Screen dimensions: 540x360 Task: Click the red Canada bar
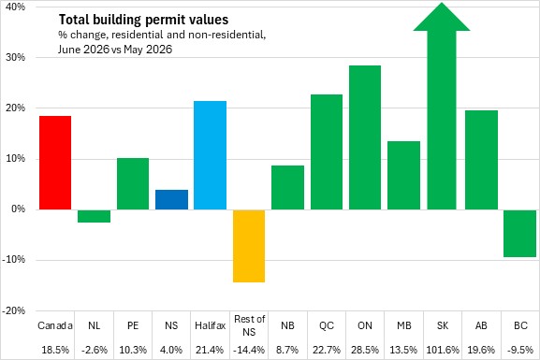55,163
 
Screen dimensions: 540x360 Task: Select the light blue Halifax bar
210,155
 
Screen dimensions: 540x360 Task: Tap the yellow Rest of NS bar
249,246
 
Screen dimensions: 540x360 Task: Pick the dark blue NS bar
171,199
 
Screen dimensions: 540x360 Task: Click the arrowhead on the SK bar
442,17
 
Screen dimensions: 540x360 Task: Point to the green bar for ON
365,137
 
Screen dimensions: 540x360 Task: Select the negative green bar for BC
519,234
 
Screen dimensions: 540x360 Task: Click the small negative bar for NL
94,216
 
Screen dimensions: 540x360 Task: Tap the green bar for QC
327,151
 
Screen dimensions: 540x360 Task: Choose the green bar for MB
403,175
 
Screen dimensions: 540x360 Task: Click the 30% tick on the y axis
15,57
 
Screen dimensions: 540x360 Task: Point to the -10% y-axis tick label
14,260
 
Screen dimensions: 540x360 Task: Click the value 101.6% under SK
443,350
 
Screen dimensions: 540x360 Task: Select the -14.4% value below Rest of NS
249,350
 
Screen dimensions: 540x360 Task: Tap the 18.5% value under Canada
55,350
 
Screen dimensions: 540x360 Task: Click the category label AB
481,325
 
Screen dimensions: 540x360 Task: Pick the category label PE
133,325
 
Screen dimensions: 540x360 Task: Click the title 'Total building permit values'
143,20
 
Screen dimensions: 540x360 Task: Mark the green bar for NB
288,187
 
